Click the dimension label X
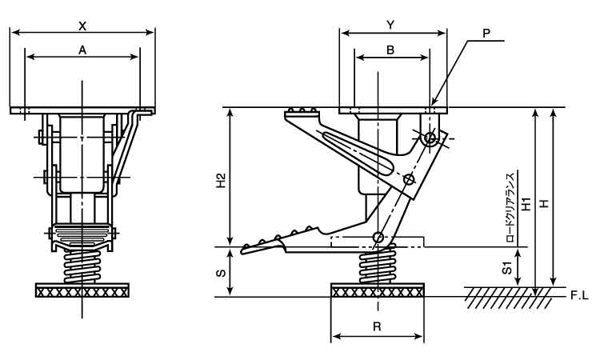pos(82,26)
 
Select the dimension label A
pos(82,50)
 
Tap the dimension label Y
pos(390,26)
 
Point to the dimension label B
pos(390,50)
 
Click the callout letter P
pos(486,34)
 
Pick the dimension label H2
pos(222,181)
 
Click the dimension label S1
pos(507,268)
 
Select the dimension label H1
pos(527,204)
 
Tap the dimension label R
pos(378,326)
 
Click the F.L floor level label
pos(579,296)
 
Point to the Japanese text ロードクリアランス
pos(510,207)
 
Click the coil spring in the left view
pos(82,266)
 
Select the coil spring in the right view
pos(377,265)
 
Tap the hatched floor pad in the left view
pos(82,290)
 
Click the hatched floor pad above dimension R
pos(378,290)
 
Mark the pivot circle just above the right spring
pos(378,237)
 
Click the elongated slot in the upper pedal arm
pos(358,153)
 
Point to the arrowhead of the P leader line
pos(432,105)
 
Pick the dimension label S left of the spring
pos(221,273)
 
